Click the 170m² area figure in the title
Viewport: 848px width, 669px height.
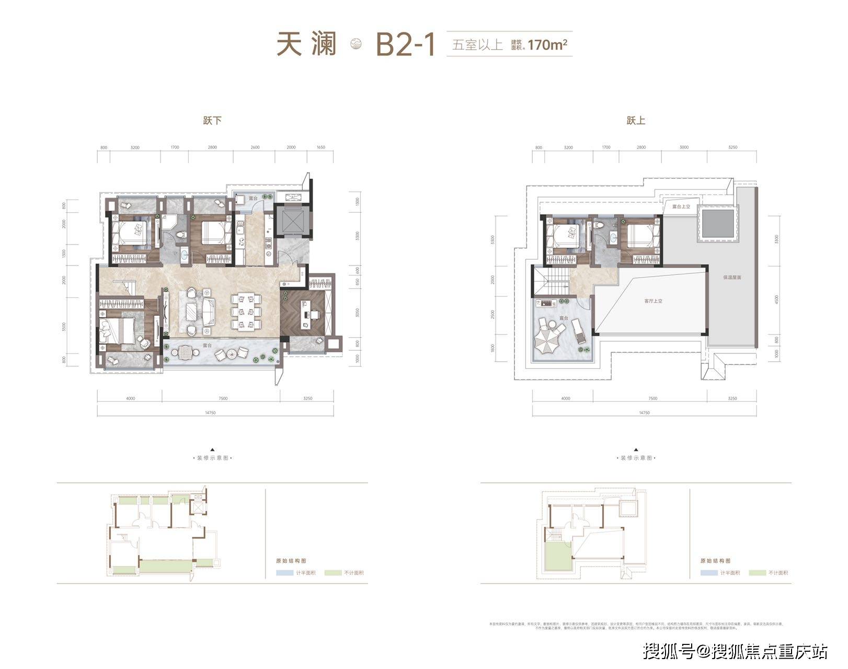547,45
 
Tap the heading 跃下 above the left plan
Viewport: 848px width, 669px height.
212,121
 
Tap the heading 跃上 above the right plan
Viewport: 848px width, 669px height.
636,121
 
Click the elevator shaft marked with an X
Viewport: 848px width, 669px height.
293,221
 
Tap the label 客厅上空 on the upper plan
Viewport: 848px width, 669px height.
653,301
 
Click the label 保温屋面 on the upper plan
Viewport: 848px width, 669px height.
732,278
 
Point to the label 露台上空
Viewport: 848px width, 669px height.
681,206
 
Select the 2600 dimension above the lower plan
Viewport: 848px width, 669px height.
255,147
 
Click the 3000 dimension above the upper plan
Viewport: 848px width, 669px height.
684,147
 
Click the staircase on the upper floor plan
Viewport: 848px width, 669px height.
555,282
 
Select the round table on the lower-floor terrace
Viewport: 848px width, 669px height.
185,353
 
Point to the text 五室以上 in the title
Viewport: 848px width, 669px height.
478,45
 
